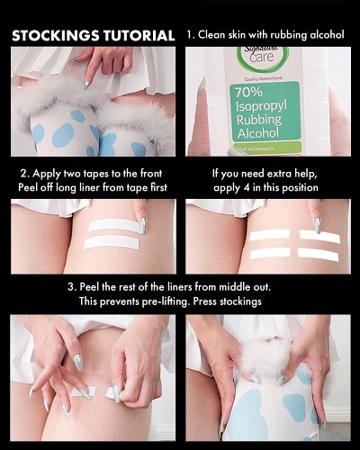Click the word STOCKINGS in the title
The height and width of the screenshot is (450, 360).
pos(51,36)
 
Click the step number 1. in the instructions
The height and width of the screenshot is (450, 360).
pos(191,35)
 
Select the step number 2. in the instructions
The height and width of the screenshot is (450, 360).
pos(22,172)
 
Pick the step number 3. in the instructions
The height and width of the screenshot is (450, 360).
pos(72,286)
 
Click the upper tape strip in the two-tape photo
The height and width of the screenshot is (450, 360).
pos(113,224)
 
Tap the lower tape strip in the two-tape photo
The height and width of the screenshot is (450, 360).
pos(112,243)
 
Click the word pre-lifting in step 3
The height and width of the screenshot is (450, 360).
pos(179,301)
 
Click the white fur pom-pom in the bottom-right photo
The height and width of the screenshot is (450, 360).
pos(270,353)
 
